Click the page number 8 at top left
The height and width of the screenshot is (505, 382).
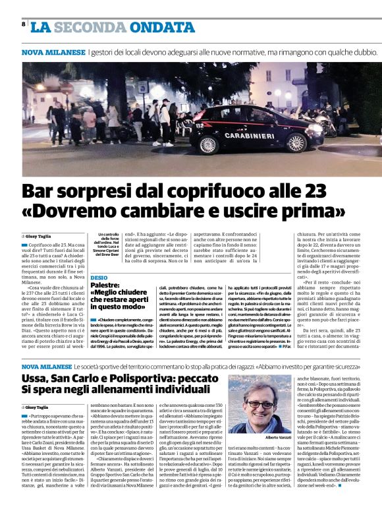[x=24, y=24]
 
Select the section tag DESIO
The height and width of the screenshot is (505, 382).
[x=99, y=278]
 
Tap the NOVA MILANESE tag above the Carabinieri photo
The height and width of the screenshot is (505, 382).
[x=53, y=51]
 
